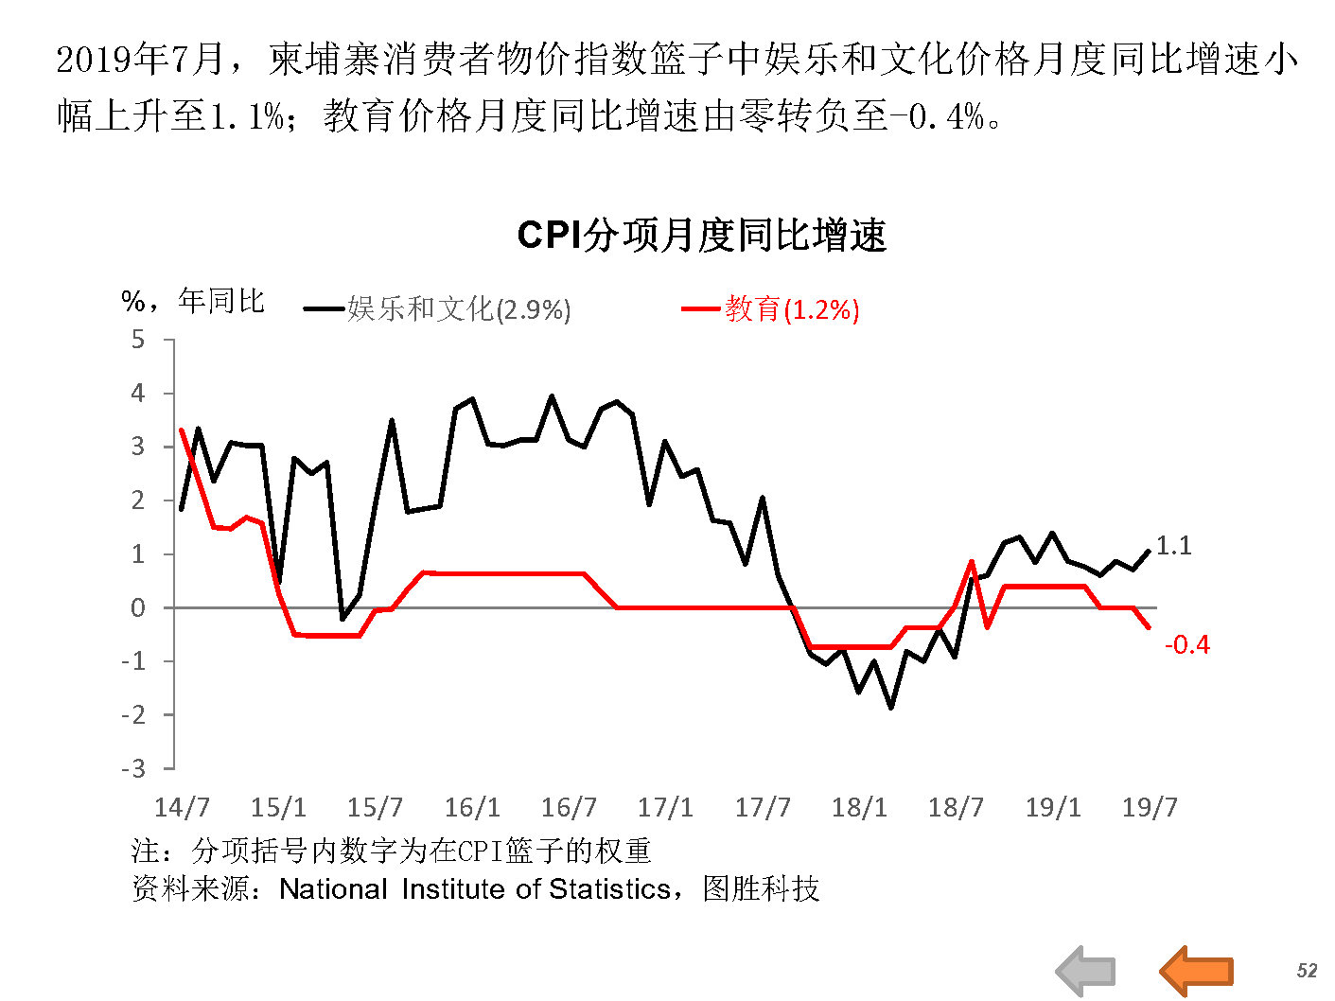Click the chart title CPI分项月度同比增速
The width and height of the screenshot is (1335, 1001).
(701, 236)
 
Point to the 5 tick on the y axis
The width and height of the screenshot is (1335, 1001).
(138, 339)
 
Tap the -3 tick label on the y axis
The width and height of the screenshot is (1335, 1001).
(133, 768)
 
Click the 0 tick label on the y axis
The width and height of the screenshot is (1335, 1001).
(138, 607)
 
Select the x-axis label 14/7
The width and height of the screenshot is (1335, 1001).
(182, 807)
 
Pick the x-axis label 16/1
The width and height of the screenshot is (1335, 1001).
(472, 807)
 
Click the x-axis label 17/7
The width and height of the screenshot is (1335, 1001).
(763, 807)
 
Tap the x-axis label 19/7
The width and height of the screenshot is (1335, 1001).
(1150, 807)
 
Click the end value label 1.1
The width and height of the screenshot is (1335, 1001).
(1174, 546)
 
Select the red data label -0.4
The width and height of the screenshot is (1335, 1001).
(1187, 645)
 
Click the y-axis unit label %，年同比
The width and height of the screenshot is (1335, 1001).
(193, 302)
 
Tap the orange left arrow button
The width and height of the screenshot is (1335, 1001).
(1196, 971)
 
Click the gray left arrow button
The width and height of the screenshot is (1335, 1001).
(1086, 971)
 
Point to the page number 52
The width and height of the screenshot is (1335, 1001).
(1307, 971)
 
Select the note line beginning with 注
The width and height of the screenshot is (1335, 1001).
(391, 851)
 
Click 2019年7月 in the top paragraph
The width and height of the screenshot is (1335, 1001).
(140, 61)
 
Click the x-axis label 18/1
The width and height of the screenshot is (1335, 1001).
(859, 807)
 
